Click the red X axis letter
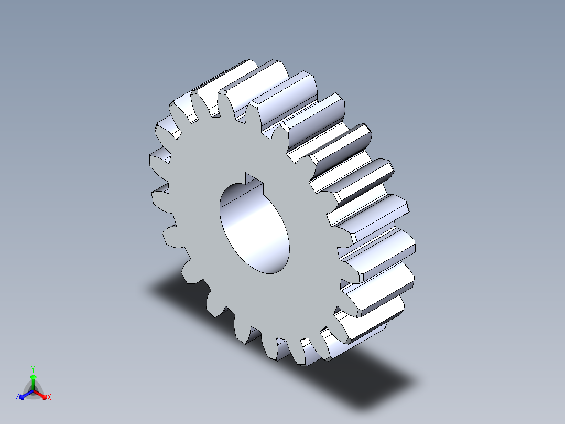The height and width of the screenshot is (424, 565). [49, 398]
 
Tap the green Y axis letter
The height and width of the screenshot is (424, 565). [33, 368]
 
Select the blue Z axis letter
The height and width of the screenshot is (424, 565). [17, 398]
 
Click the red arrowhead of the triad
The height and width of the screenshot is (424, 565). [44, 395]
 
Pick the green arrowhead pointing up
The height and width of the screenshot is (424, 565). [33, 377]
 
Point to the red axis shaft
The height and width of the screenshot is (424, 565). [39, 393]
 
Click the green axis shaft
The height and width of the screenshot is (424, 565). [33, 384]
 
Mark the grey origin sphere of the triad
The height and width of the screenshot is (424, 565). [33, 390]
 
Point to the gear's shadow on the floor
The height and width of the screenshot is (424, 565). [367, 367]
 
